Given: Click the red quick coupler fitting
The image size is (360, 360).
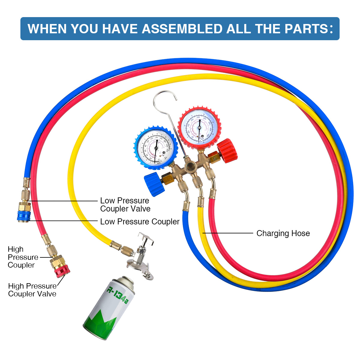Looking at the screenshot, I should click(x=62, y=272).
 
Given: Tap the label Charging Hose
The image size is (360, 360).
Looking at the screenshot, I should click(x=283, y=233).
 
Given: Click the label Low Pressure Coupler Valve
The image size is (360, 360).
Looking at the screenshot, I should click(x=125, y=205).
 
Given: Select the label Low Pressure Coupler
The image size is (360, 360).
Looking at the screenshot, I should click(x=140, y=222).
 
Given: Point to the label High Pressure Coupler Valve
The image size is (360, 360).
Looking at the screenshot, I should click(x=32, y=290).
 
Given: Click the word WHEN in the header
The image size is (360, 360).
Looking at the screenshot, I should click(x=47, y=29).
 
